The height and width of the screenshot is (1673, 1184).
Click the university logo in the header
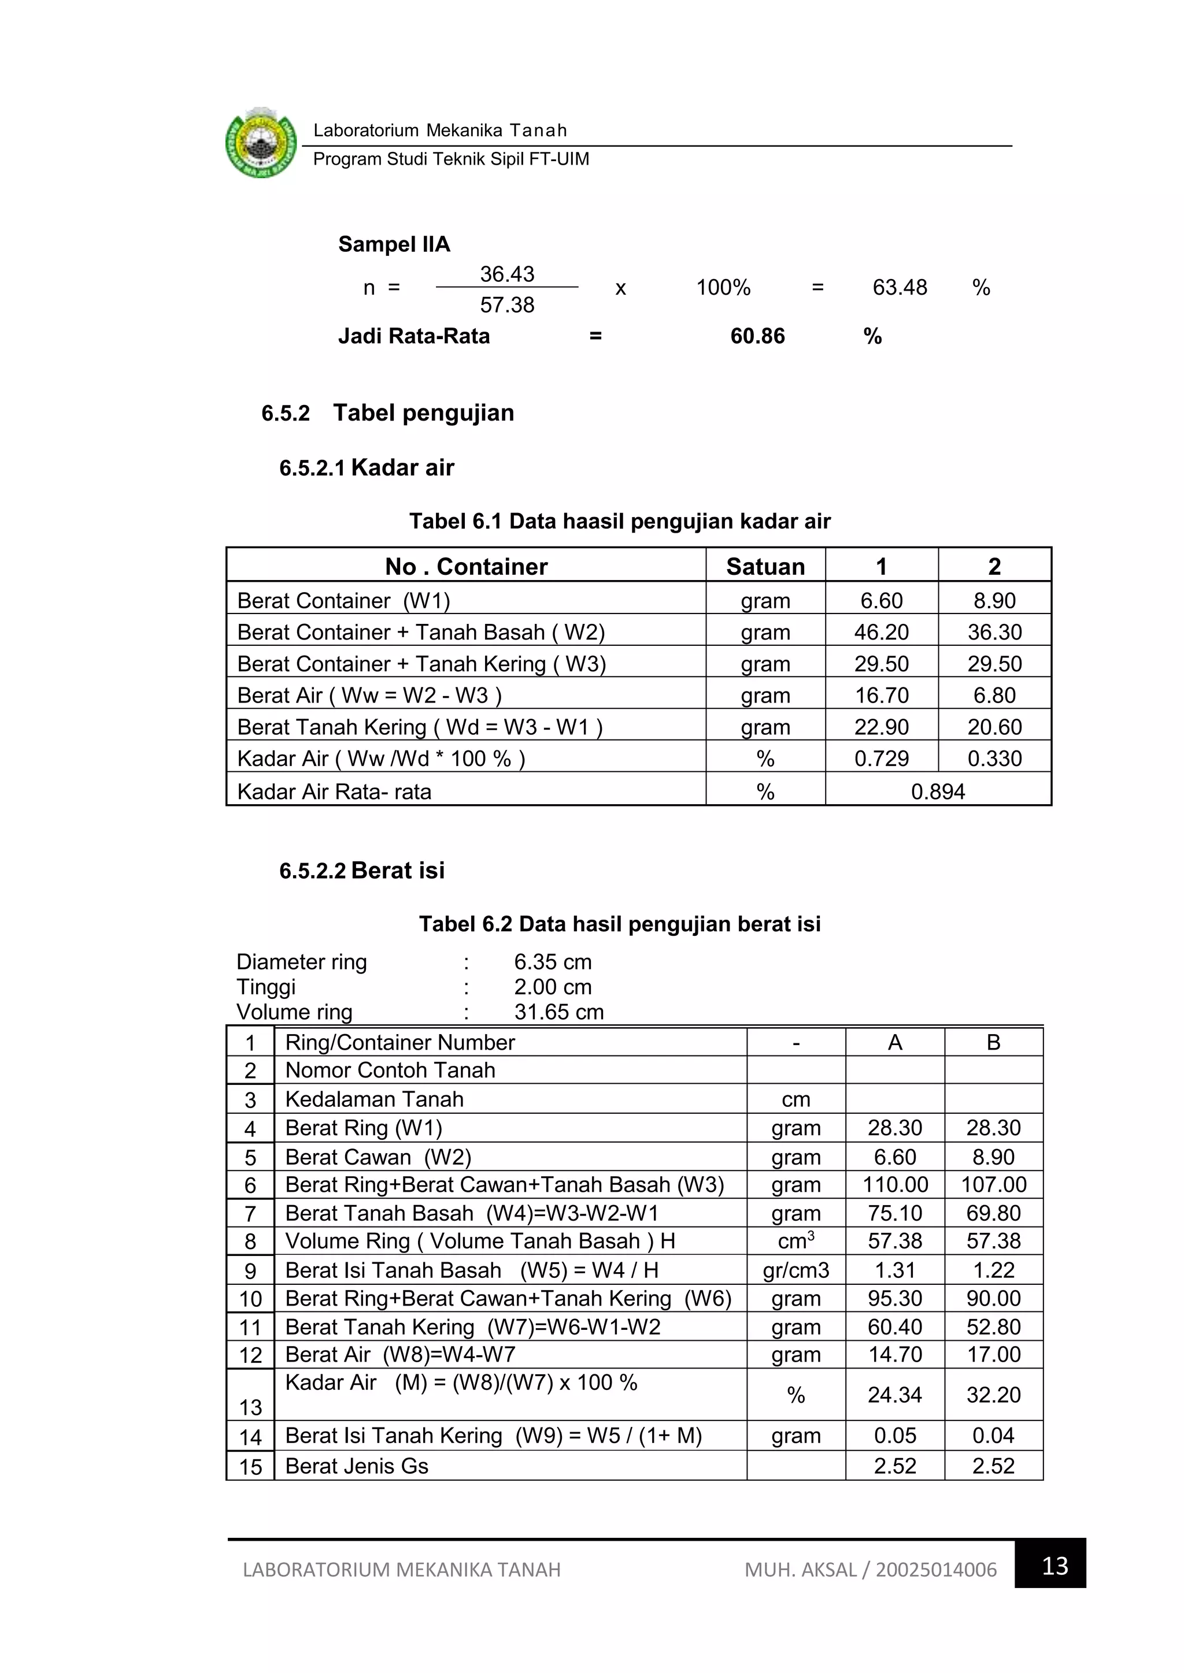(x=261, y=143)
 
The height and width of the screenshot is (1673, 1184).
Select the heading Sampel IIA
(x=394, y=244)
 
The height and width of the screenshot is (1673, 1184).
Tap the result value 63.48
(x=899, y=287)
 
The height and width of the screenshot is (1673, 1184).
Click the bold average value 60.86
(x=757, y=336)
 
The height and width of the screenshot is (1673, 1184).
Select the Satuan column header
(x=765, y=566)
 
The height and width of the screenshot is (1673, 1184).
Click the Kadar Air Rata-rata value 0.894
(x=938, y=791)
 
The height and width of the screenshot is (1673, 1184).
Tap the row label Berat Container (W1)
(x=343, y=600)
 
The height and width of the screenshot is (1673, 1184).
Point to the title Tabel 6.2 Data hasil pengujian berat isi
(x=619, y=924)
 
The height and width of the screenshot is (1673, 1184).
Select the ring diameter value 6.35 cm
(x=552, y=962)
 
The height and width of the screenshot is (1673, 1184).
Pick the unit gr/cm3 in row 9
(x=795, y=1270)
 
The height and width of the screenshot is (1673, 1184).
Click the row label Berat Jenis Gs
(x=357, y=1466)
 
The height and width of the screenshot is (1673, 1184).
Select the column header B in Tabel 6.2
(x=993, y=1043)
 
